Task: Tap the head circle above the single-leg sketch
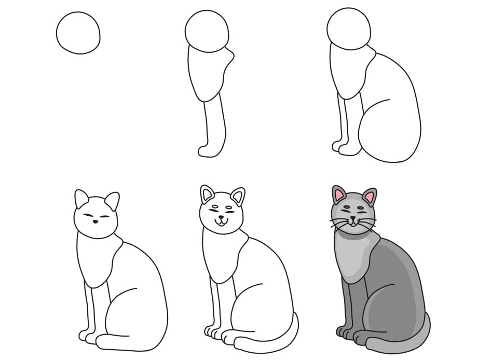207,31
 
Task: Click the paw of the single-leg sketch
208,150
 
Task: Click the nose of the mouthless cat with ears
95,221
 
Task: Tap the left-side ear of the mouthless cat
81,199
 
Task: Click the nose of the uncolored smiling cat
222,218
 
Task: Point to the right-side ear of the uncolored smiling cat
238,197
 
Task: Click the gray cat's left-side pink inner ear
339,196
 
